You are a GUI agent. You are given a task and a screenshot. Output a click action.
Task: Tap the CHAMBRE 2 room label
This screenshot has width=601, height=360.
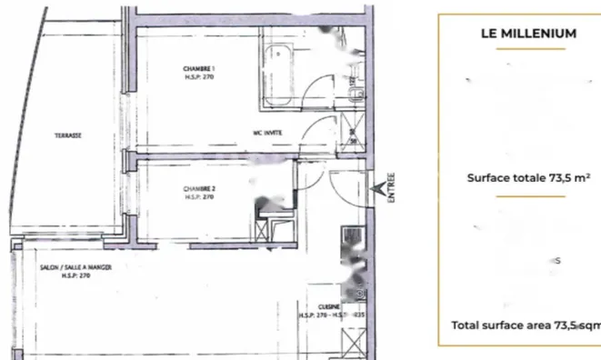pyautogui.click(x=197, y=190)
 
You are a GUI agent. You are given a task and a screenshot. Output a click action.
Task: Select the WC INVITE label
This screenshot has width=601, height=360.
pyautogui.click(x=268, y=132)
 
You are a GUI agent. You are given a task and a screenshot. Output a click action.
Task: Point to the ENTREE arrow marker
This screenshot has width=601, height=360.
pyautogui.click(x=379, y=189)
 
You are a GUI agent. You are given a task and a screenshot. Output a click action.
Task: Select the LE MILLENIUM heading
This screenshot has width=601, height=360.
pyautogui.click(x=528, y=34)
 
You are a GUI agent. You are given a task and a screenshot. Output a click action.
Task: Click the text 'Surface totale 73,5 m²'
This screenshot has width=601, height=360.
pyautogui.click(x=527, y=178)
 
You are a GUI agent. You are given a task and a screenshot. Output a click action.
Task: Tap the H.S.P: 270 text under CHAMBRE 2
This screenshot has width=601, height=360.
pyautogui.click(x=197, y=197)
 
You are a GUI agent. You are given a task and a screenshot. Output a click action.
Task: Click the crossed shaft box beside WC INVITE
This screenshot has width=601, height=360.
pyautogui.click(x=353, y=136)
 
